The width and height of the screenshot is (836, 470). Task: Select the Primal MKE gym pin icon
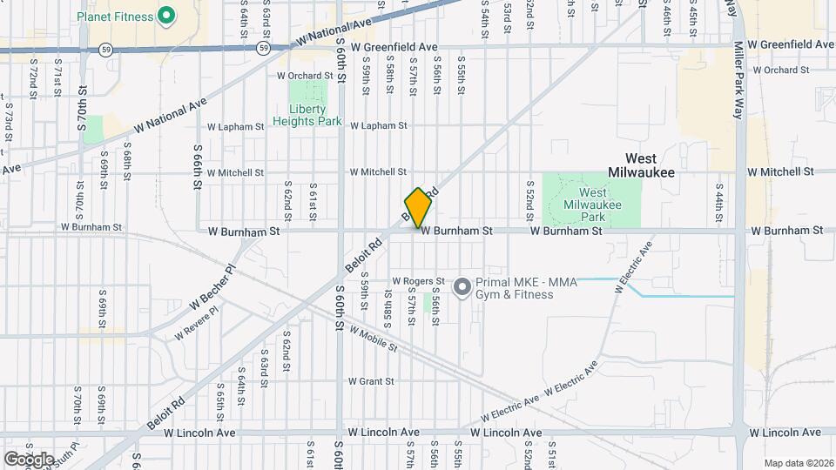pyautogui.click(x=462, y=285)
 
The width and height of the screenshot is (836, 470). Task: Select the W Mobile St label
pyautogui.click(x=373, y=338)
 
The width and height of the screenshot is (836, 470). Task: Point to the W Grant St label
pyautogui.click(x=371, y=381)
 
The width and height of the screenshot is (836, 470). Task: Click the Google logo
pyautogui.click(x=29, y=458)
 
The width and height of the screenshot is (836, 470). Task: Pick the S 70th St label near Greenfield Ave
pyautogui.click(x=83, y=108)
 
